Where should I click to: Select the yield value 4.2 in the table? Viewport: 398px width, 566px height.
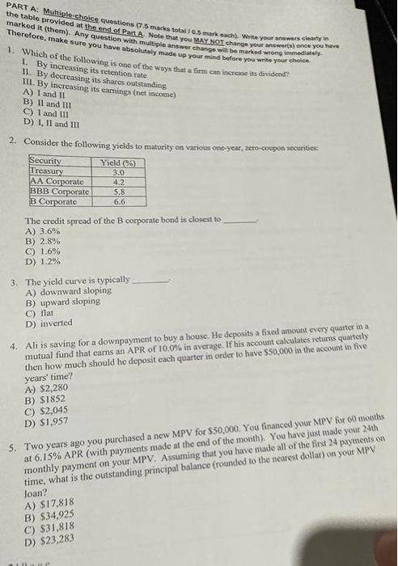coord(118,183)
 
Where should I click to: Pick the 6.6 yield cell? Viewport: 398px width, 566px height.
coord(118,202)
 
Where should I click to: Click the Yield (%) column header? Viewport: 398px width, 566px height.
coord(118,162)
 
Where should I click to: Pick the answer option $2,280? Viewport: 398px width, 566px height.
coord(53,387)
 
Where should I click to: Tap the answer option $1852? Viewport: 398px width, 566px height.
coord(51,399)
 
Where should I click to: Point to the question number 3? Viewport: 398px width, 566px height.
coord(15,281)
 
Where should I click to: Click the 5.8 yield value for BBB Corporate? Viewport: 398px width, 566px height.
coord(118,192)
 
